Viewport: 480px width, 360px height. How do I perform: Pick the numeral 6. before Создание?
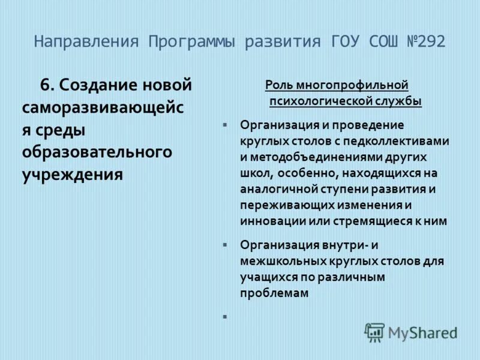(x=47, y=85)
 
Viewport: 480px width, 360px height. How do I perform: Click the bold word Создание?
(x=97, y=85)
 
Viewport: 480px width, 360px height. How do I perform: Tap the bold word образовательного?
(x=97, y=152)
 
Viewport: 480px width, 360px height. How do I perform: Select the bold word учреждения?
(x=73, y=175)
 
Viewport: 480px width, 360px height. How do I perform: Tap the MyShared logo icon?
(x=375, y=332)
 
